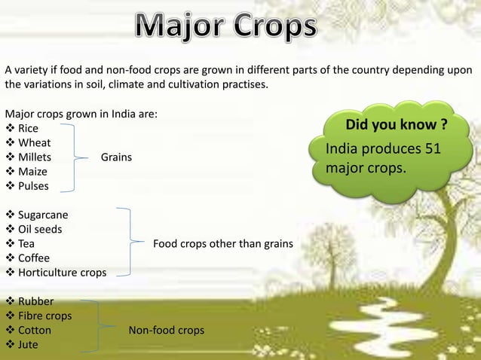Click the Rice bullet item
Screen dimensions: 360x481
tap(28, 129)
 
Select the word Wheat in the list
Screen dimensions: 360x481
tap(35, 143)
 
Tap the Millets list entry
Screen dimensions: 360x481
tap(35, 157)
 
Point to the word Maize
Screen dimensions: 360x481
tap(32, 172)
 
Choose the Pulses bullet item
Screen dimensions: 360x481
tap(33, 186)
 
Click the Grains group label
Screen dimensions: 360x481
tap(116, 157)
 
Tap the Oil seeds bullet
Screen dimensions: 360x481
tap(40, 229)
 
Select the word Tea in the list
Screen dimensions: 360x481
tap(26, 243)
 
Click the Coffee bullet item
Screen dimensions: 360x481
tap(34, 258)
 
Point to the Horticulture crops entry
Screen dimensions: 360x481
tap(62, 272)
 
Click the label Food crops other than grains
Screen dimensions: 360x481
tap(223, 243)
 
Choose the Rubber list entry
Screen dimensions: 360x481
tap(35, 302)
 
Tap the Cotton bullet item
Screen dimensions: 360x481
tap(35, 331)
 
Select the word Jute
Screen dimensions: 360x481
tap(29, 345)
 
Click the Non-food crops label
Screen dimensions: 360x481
tap(166, 331)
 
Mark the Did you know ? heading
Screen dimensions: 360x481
tap(395, 124)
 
